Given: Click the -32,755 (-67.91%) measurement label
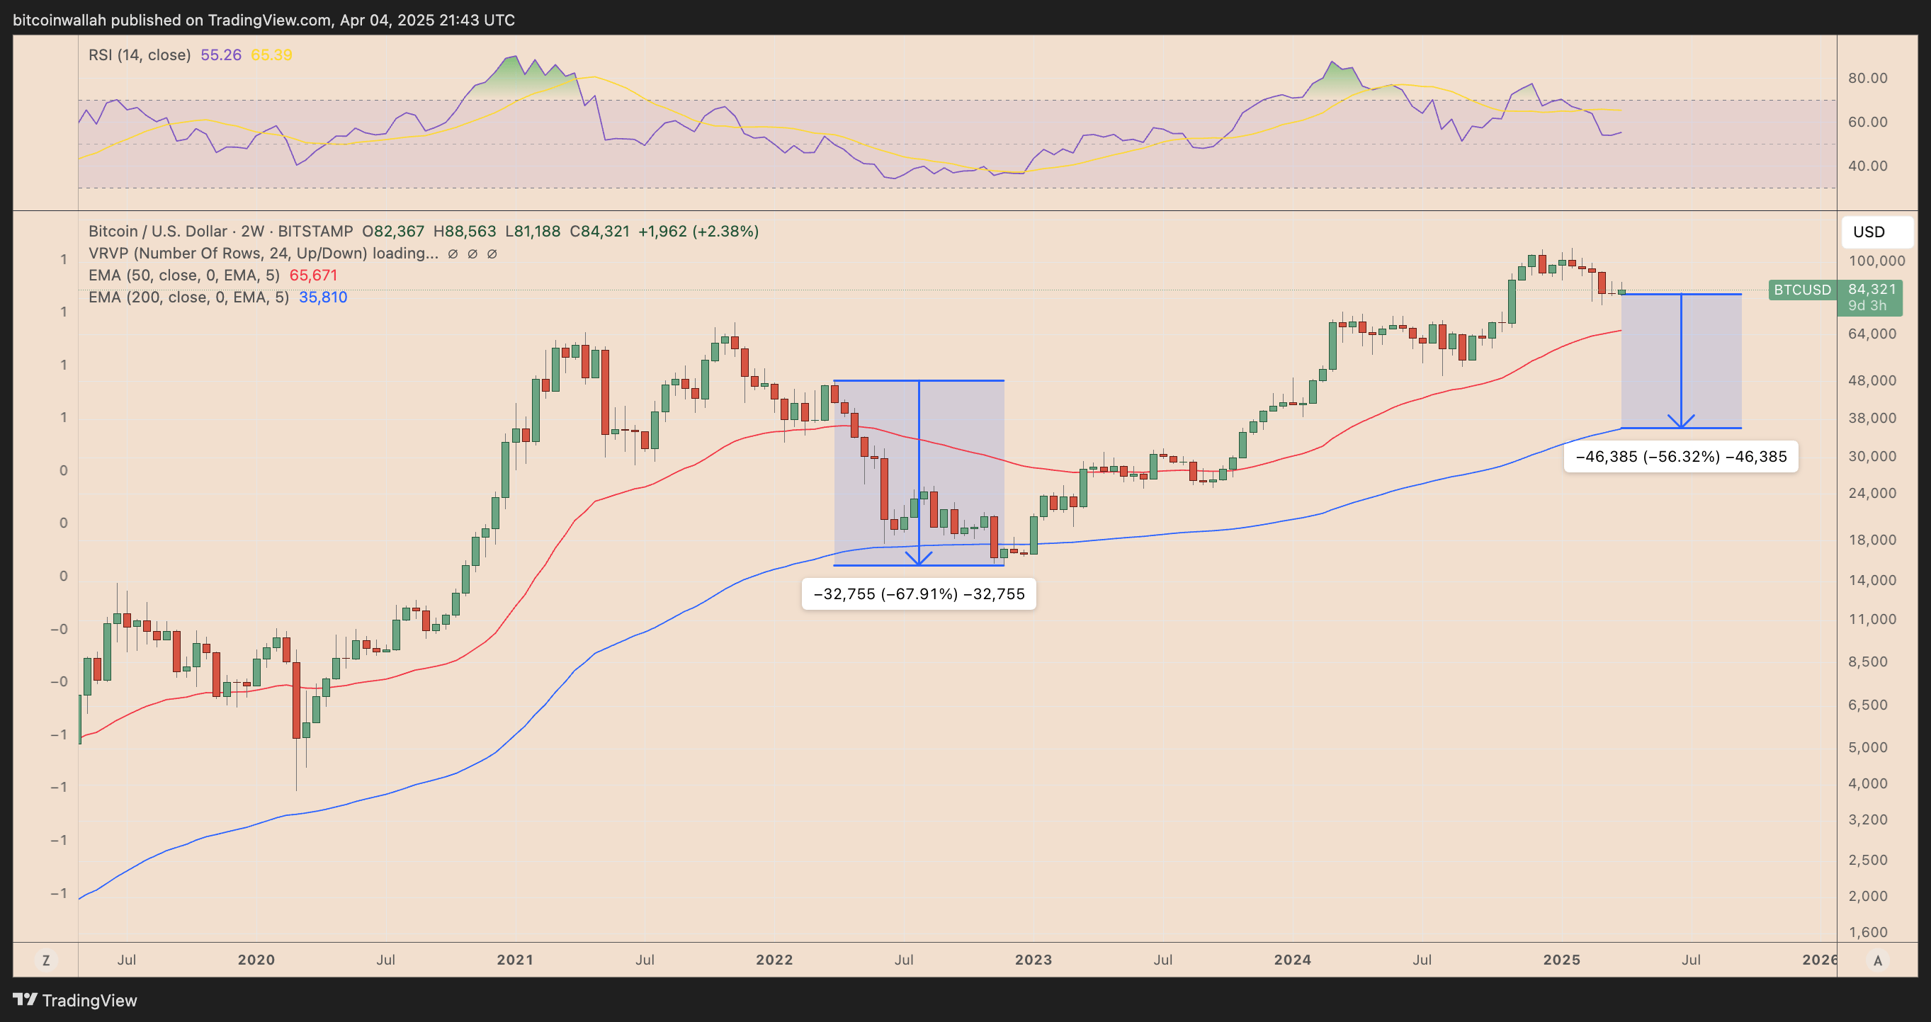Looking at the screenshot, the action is (918, 594).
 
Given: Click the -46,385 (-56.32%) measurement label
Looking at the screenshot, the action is (1681, 456).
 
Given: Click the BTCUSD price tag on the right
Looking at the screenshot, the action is (1801, 290).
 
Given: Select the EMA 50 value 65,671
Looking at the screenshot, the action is (313, 275).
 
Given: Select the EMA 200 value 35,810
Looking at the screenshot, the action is (323, 297).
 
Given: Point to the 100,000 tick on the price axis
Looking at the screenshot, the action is (1876, 261).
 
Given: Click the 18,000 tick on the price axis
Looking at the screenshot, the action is (1871, 540).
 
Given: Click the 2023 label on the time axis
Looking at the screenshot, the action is (1033, 960).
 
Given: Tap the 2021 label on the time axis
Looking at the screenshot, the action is (515, 960).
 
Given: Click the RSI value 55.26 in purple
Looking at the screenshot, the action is (220, 55).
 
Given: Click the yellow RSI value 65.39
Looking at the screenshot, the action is (271, 55).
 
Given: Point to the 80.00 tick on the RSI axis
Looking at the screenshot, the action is (1867, 78).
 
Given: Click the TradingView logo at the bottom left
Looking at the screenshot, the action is (75, 1000).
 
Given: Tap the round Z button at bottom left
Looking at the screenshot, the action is (46, 960).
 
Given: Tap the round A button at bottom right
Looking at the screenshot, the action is (1877, 960).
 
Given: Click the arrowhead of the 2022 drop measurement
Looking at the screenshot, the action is (919, 560).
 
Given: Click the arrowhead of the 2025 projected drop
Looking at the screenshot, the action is (1682, 423).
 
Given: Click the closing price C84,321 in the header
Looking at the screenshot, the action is (599, 231).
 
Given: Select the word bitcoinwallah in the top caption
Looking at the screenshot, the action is (60, 21).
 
